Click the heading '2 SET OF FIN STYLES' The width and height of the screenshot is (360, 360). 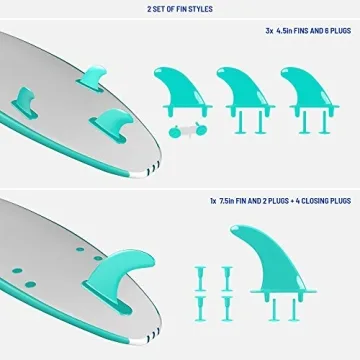point(179,10)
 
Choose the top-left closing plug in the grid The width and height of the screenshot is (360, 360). point(199,273)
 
